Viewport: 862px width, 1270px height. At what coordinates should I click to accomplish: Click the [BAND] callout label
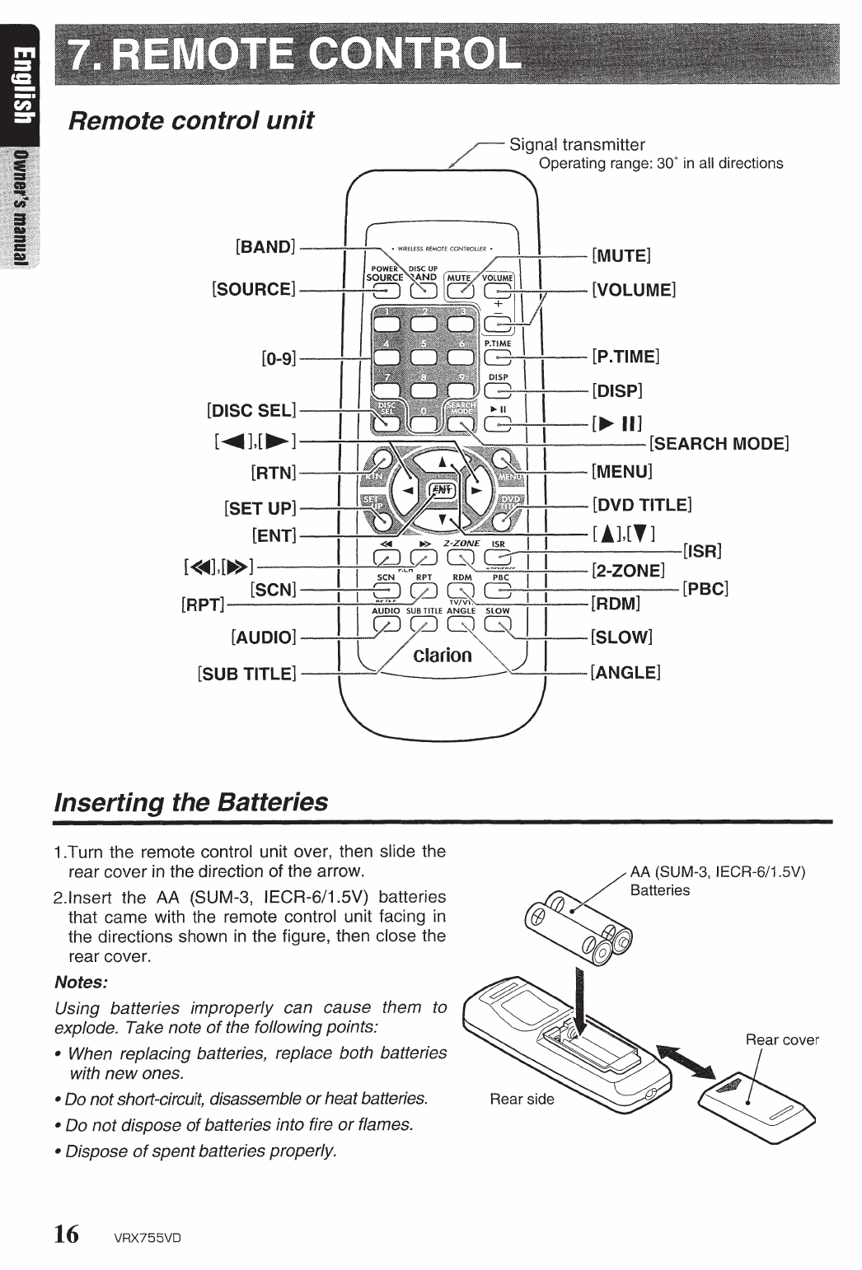[265, 246]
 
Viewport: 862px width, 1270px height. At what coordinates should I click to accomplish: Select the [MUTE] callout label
[621, 255]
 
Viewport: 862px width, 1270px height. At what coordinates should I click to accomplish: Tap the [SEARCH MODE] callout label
[719, 445]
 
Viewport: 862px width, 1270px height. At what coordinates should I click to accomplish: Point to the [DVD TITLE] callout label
[641, 505]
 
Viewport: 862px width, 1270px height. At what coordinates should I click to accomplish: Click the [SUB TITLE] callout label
[246, 674]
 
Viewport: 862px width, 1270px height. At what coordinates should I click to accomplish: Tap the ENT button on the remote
[442, 490]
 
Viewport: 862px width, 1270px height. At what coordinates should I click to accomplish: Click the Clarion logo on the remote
[443, 656]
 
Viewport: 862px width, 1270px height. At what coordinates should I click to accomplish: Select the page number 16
[67, 1234]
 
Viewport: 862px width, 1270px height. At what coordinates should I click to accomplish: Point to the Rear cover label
[781, 1039]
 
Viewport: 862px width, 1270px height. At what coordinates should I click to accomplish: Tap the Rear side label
[522, 1099]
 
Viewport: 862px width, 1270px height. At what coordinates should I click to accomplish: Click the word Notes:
[81, 983]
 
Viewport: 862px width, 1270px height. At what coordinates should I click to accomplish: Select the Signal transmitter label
[577, 145]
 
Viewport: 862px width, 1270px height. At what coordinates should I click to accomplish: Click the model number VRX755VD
[148, 1237]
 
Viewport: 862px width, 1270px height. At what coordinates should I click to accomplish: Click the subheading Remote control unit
[190, 120]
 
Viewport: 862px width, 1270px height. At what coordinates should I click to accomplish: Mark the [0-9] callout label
[278, 359]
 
